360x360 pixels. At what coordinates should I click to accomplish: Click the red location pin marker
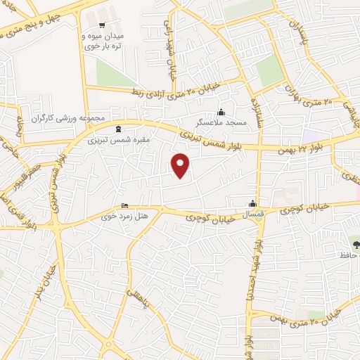coord(181,165)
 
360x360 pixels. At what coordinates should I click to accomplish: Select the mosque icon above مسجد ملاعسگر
coord(222,112)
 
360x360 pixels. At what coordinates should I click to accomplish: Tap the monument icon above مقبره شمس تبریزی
coord(117,129)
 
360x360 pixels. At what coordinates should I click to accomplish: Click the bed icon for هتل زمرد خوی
coord(124,206)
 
